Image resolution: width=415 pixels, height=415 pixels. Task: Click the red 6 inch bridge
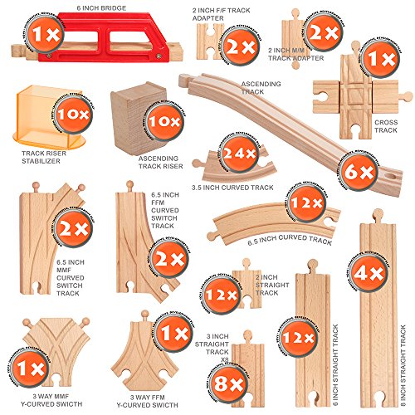tap(108, 41)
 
